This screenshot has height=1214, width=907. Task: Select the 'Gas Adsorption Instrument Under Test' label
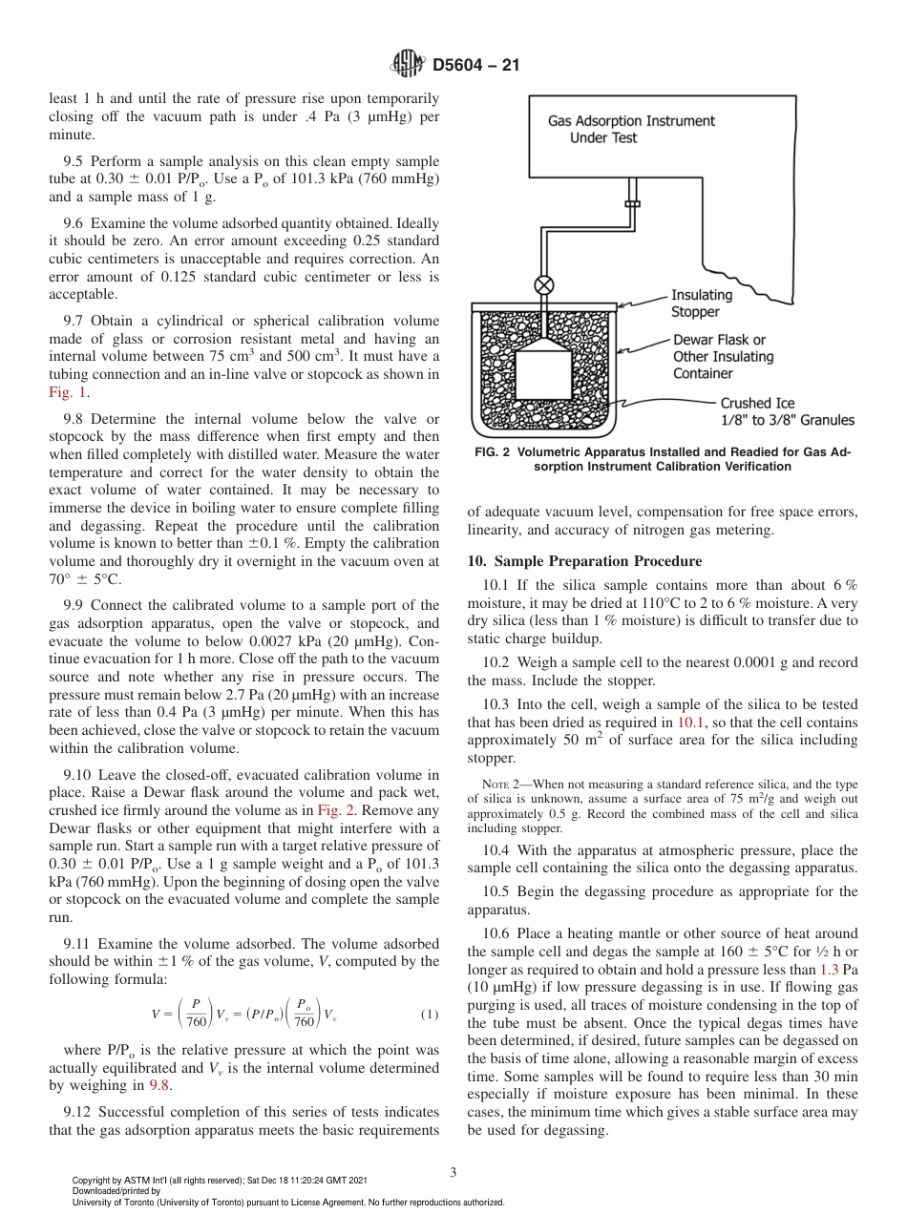630,130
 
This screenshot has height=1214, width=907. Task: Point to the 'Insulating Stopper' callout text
701,303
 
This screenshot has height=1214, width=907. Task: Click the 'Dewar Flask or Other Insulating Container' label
723,357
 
